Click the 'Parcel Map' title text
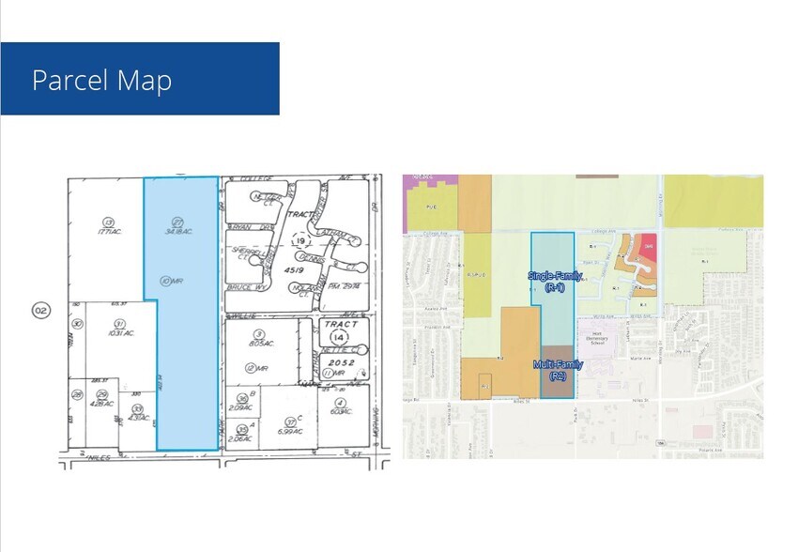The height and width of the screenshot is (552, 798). coord(101,80)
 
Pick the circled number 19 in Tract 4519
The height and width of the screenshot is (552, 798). coord(300,241)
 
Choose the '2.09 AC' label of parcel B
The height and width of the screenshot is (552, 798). coord(240,407)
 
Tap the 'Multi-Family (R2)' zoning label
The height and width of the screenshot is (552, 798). coord(559,370)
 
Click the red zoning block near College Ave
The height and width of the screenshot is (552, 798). coord(647,249)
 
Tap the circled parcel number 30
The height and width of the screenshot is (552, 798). coord(78,325)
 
